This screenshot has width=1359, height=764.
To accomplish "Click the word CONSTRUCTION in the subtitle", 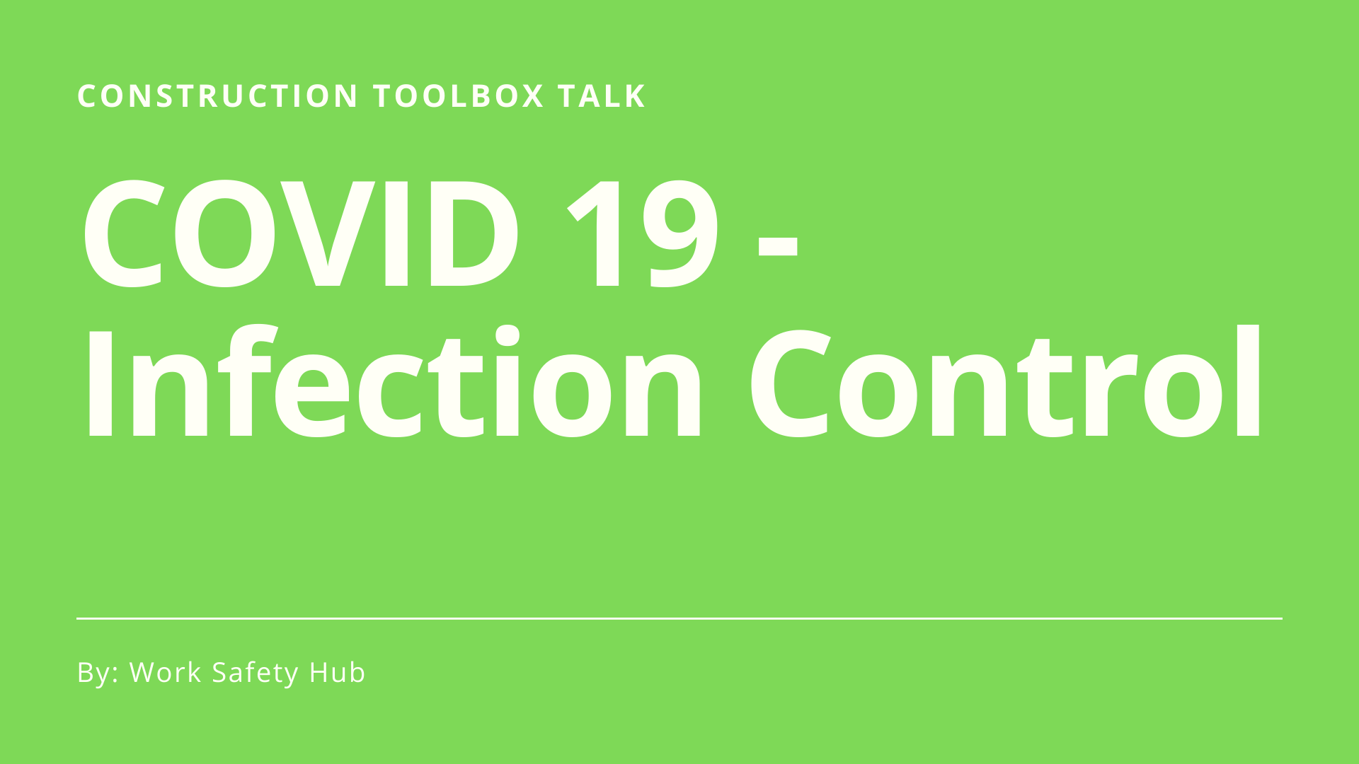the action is [x=218, y=96].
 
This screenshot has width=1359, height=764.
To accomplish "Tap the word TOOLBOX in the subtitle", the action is [x=459, y=96].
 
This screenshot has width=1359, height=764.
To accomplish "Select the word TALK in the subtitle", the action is [x=602, y=96].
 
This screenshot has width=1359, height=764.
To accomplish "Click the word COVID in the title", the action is [x=302, y=233].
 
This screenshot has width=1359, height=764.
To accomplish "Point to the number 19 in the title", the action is [x=643, y=233].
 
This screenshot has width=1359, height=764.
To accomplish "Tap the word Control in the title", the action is [x=1006, y=382].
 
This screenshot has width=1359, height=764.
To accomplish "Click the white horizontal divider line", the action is [x=679, y=618].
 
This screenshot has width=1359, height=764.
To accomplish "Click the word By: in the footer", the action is [x=98, y=673].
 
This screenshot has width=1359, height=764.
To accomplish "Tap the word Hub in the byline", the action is [x=337, y=672].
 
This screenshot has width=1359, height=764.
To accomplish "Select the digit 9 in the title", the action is [x=680, y=233].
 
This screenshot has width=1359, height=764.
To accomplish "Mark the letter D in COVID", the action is [x=473, y=233].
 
